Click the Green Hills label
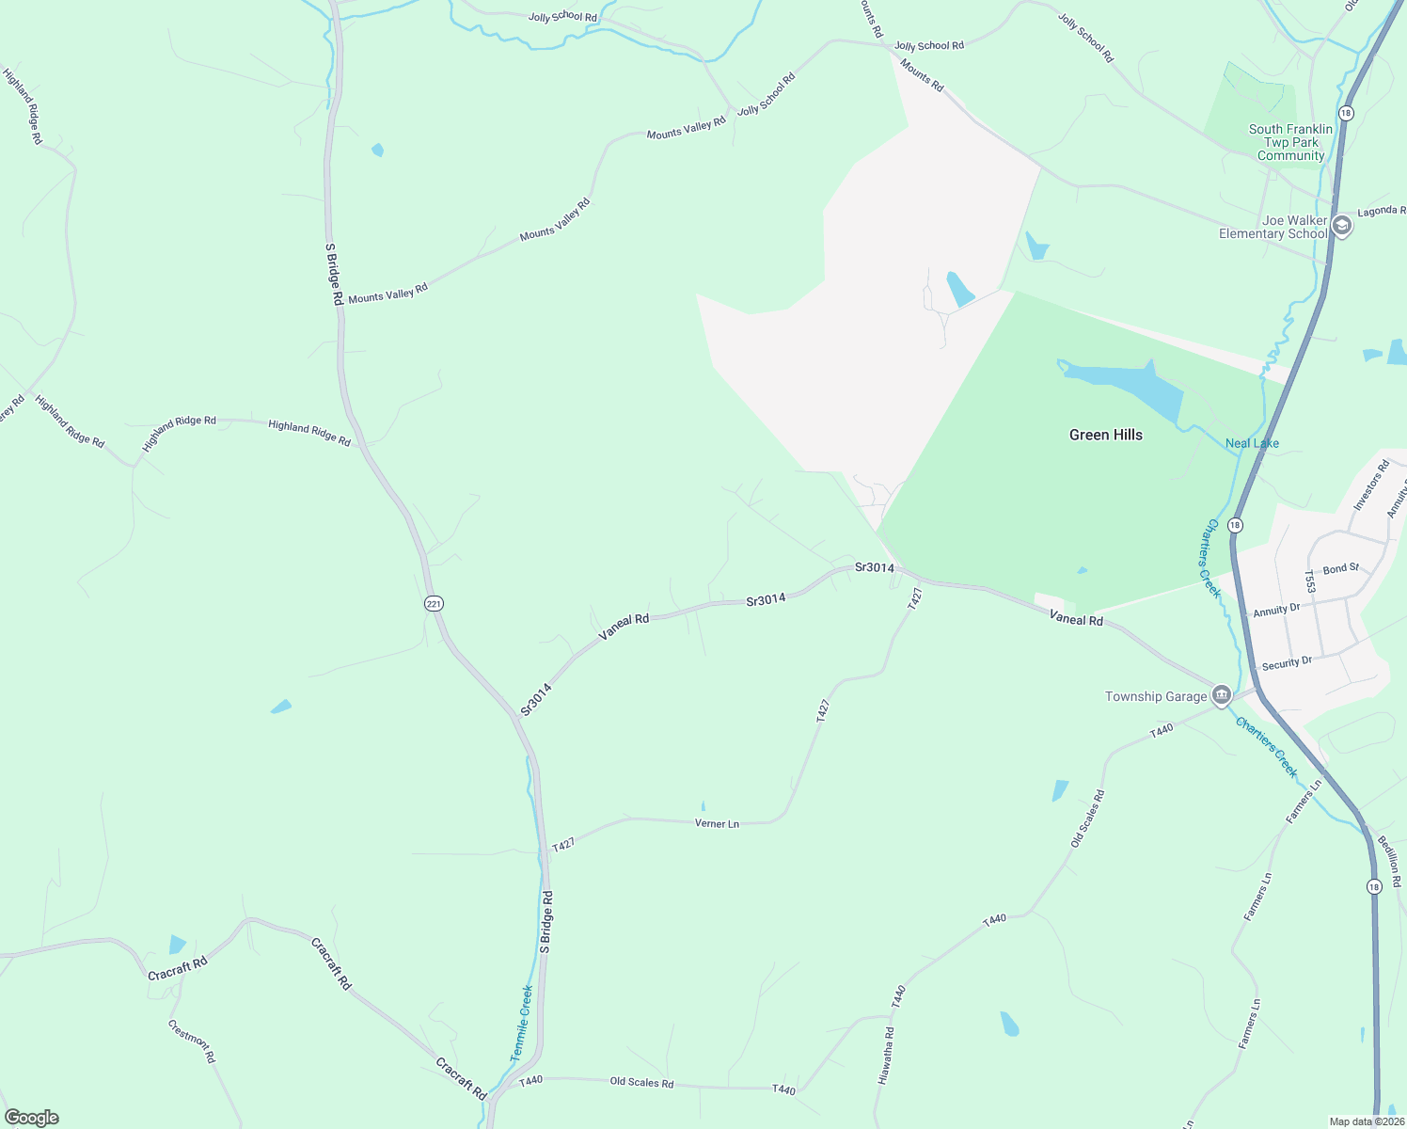point(1105,435)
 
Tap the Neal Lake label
point(1252,443)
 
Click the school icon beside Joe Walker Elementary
point(1342,227)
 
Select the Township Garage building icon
point(1221,696)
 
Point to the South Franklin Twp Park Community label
point(1290,142)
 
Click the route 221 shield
point(434,603)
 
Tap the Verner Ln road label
point(717,823)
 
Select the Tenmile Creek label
point(521,1024)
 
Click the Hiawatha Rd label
point(886,1057)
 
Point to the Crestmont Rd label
point(192,1041)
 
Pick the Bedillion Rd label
point(1389,861)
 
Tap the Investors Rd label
point(1370,485)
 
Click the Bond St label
point(1340,569)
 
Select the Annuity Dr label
point(1275,610)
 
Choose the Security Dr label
point(1286,663)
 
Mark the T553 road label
point(1309,581)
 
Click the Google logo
point(32,1117)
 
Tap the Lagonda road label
point(1381,212)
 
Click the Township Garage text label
point(1155,696)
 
